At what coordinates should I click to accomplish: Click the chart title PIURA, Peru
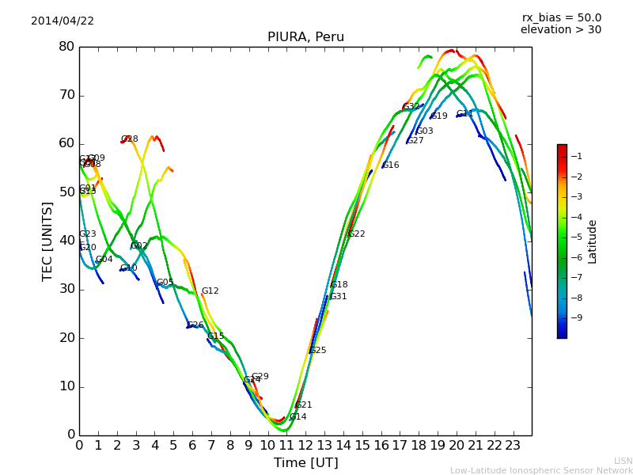[305, 37]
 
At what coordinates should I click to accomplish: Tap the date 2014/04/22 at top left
[63, 21]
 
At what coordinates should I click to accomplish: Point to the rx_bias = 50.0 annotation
[561, 18]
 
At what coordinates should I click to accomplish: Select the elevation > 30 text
[560, 30]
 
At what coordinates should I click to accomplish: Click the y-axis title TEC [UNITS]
[47, 241]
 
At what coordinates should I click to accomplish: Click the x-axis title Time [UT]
[305, 463]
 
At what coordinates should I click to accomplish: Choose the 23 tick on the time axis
[513, 446]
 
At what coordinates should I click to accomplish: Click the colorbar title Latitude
[592, 241]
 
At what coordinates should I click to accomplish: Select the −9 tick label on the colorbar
[577, 318]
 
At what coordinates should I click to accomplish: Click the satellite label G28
[130, 139]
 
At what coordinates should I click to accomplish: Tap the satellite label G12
[210, 291]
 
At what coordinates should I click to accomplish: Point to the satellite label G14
[298, 417]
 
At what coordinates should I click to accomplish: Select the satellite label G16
[391, 165]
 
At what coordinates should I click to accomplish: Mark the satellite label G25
[317, 351]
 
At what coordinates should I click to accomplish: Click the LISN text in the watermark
[623, 461]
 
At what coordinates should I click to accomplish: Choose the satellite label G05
[165, 283]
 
